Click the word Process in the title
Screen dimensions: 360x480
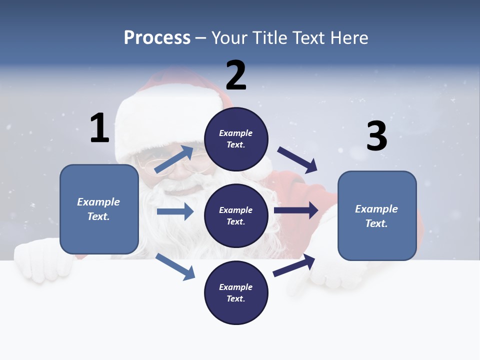tap(157, 38)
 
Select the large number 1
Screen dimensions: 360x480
tap(99, 128)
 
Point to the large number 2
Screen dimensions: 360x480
tap(236, 75)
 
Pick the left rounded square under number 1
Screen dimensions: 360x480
tap(99, 209)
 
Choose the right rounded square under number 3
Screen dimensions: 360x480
tap(377, 215)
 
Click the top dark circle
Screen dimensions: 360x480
tap(236, 139)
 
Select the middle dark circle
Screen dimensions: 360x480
tap(236, 215)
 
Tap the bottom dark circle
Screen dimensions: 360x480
tap(236, 292)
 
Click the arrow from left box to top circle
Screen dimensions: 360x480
tap(174, 159)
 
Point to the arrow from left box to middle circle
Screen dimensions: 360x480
tap(175, 211)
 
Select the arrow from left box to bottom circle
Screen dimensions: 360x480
tap(175, 266)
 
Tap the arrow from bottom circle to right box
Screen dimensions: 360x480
tap(294, 265)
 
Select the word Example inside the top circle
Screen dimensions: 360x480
tap(236, 133)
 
